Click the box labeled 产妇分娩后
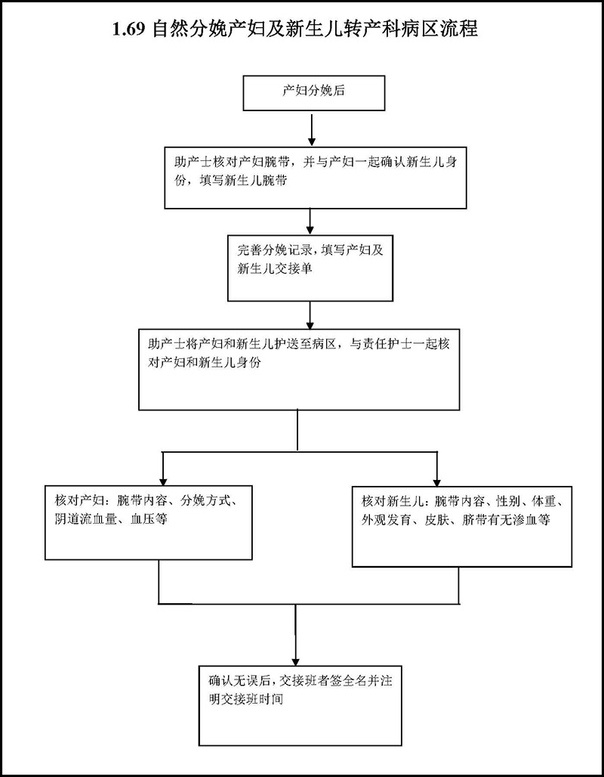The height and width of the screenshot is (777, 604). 314,93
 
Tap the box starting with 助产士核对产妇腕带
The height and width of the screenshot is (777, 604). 314,176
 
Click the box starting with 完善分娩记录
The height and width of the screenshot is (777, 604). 310,265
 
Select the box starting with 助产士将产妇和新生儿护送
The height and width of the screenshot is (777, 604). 299,368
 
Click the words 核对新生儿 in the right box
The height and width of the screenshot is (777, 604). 390,502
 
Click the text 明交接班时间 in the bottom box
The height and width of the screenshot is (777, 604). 246,699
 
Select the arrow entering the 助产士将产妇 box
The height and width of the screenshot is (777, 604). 310,313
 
